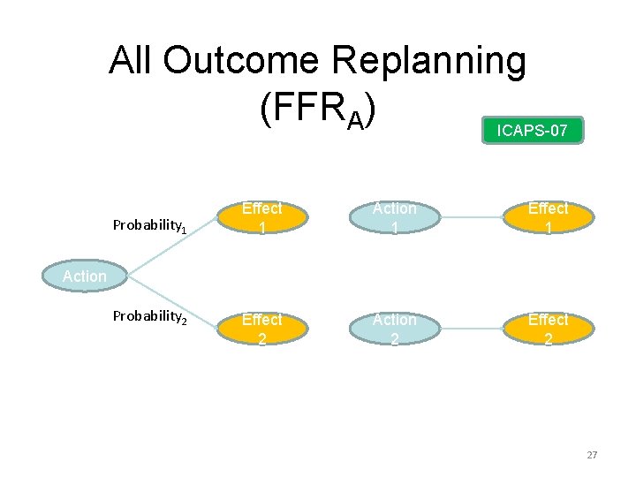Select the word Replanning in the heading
pyautogui.click(x=430, y=61)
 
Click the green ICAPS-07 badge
pyautogui.click(x=532, y=131)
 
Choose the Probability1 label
pyautogui.click(x=149, y=225)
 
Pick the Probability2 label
pyautogui.click(x=149, y=319)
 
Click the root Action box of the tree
pyautogui.click(x=85, y=276)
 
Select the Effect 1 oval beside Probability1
pyautogui.click(x=262, y=218)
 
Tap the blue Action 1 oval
pyautogui.click(x=394, y=218)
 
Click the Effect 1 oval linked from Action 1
pyautogui.click(x=548, y=218)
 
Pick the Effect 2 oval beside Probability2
pyautogui.click(x=262, y=329)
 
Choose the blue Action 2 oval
pyautogui.click(x=394, y=329)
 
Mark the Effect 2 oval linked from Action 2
pyautogui.click(x=548, y=329)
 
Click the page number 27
pyautogui.click(x=592, y=455)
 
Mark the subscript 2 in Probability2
pyautogui.click(x=184, y=322)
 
